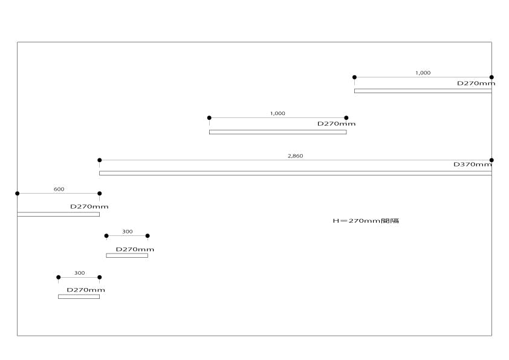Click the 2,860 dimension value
coord(295,156)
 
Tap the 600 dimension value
coord(59,189)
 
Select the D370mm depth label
coord(473,164)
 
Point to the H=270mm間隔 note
coord(366,221)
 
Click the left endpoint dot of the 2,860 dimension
coord(100,160)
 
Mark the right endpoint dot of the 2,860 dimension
coord(491,160)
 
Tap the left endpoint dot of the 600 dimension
coord(17,194)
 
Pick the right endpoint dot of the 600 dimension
coord(100,194)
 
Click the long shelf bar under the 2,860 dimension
coord(295,173)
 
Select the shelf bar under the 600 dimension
coord(58,214)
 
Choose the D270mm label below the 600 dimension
coord(89,206)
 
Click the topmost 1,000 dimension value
coord(423,73)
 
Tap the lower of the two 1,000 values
coord(277,113)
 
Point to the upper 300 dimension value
coord(127,231)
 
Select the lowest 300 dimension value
coord(79,273)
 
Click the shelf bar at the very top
coord(423,91)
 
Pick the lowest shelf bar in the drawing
coord(79,296)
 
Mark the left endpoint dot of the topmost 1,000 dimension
coord(354,77)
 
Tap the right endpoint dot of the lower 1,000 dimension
coord(346,118)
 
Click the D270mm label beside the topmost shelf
coord(476,83)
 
